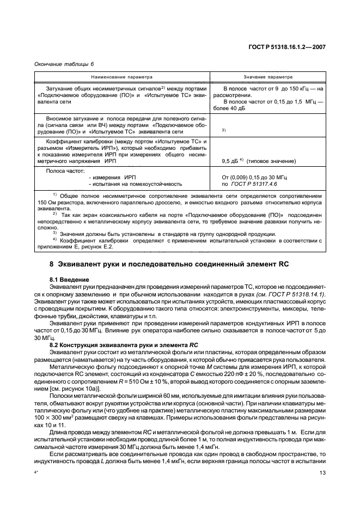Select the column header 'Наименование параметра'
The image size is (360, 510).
click(x=121, y=77)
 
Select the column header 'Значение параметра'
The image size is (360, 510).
click(x=268, y=77)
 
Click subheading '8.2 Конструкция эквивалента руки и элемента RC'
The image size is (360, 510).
click(x=123, y=345)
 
